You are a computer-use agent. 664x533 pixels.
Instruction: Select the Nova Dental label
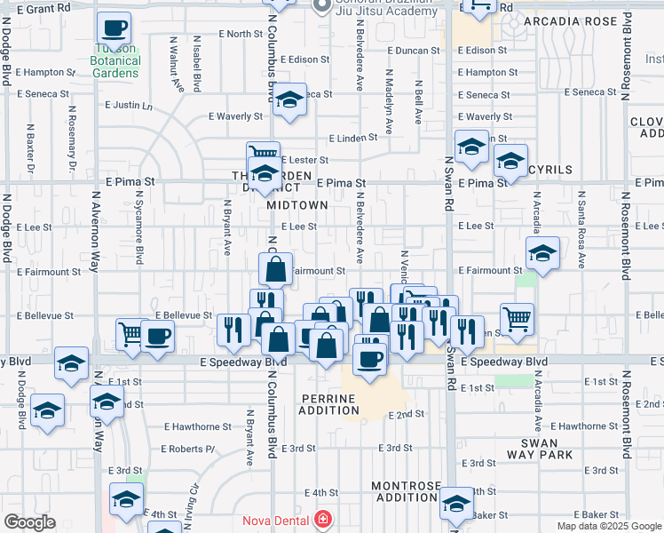277,520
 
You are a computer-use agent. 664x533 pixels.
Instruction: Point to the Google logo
29,522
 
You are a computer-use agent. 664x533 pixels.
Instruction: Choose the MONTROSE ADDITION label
406,492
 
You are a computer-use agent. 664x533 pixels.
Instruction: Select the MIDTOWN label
297,204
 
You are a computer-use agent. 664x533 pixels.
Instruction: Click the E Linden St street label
353,139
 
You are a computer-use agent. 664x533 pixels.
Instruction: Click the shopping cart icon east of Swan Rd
517,317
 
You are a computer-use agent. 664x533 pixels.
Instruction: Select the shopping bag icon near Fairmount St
276,268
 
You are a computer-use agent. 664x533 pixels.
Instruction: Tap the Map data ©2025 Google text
609,526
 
